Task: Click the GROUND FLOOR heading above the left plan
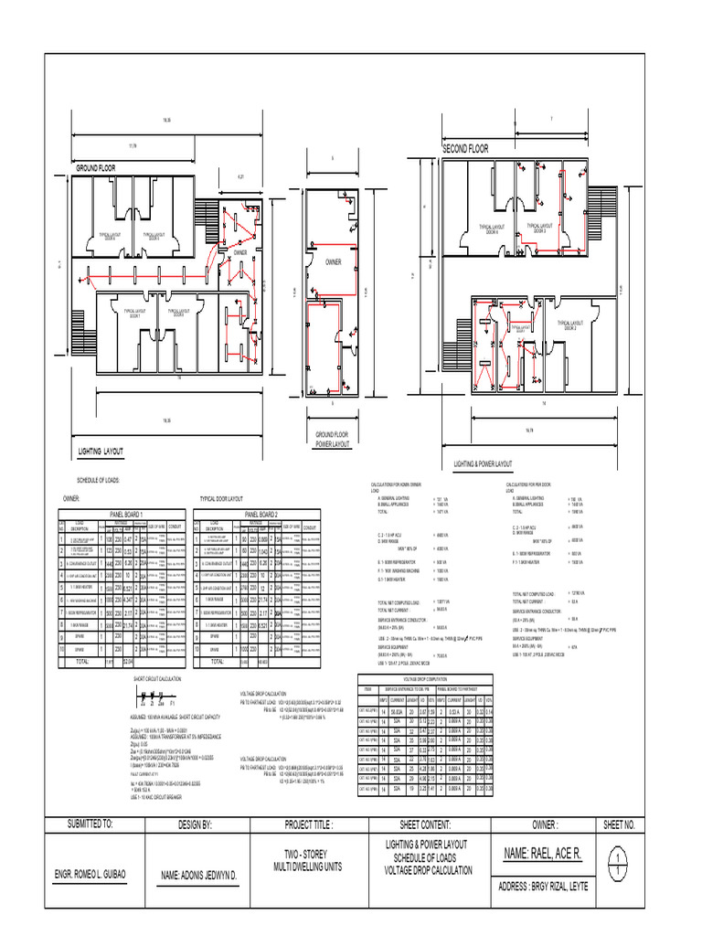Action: [95, 169]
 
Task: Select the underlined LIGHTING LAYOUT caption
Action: [101, 452]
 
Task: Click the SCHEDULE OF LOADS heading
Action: [94, 480]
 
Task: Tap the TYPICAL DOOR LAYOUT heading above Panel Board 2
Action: [221, 500]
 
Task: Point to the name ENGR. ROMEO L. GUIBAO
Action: [90, 874]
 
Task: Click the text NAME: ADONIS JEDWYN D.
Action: [199, 875]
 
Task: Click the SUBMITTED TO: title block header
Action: [90, 824]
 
